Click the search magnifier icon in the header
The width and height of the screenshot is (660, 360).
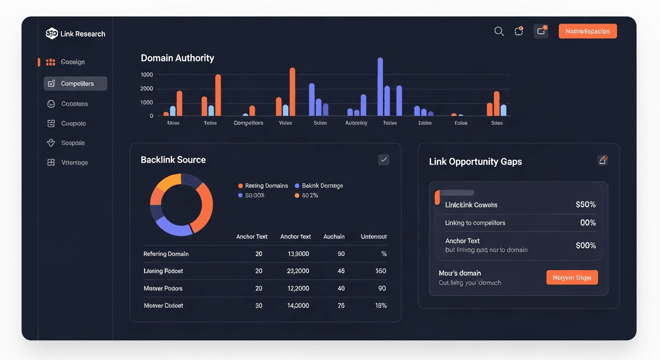[499, 31]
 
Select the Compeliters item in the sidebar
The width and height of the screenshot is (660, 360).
[75, 83]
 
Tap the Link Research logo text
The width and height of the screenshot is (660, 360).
[82, 34]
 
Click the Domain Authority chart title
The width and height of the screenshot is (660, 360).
[177, 58]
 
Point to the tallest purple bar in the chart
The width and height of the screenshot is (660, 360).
[380, 87]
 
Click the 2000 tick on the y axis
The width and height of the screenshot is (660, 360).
[146, 89]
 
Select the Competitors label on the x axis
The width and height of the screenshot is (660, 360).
[248, 123]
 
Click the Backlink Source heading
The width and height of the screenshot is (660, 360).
[173, 160]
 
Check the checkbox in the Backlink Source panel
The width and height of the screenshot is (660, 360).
[383, 160]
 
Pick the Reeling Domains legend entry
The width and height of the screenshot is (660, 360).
[263, 186]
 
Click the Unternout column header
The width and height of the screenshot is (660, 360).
[374, 237]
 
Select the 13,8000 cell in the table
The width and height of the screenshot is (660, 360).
[298, 254]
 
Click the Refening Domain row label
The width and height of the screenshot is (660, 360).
[166, 254]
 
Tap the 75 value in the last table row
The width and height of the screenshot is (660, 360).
[341, 305]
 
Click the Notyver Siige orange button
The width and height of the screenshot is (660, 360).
[572, 277]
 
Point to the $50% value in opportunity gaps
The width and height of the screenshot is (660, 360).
[585, 205]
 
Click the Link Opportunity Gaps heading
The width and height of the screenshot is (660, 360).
[475, 162]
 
